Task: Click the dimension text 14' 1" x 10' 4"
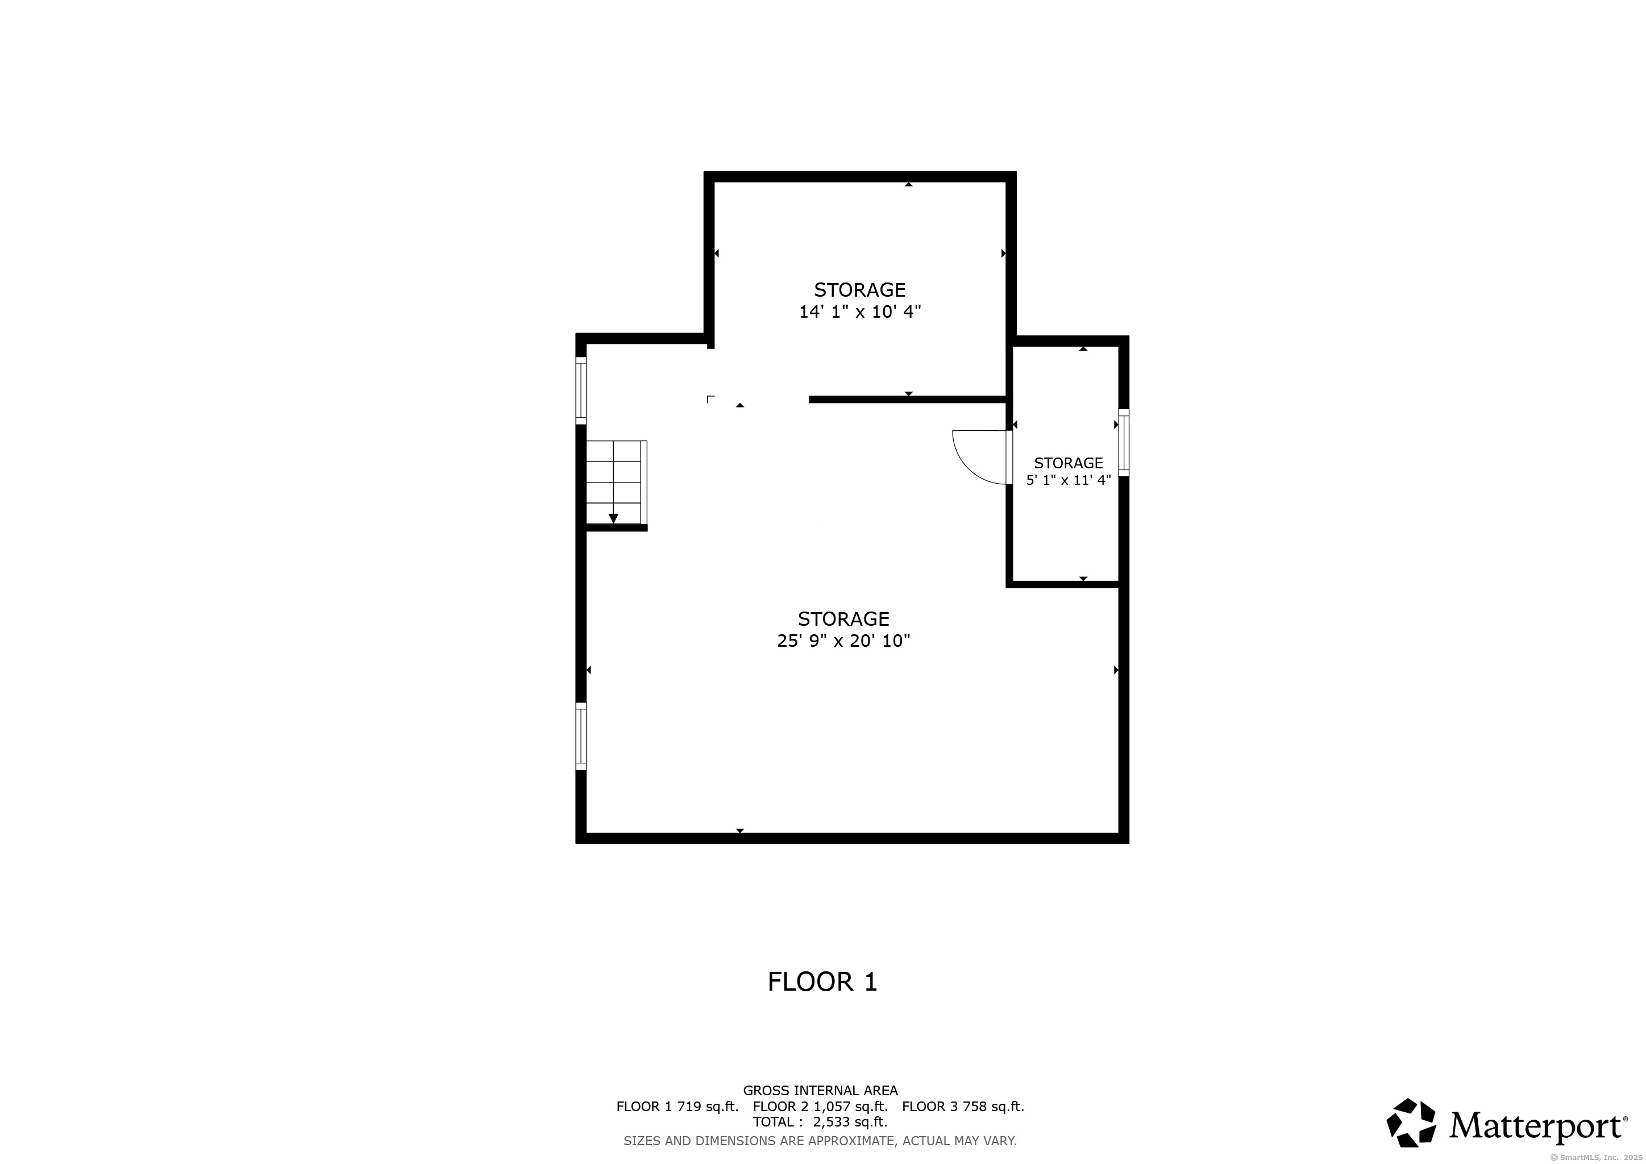pos(859,312)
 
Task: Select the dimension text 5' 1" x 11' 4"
pos(1068,480)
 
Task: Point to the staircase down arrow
pos(613,518)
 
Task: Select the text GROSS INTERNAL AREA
pos(820,1091)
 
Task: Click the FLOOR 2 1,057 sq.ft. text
pos(820,1107)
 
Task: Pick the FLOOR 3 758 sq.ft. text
pos(963,1107)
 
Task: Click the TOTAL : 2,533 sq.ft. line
pos(820,1123)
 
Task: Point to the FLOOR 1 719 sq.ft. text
pos(677,1107)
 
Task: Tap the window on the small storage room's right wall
pos(1123,442)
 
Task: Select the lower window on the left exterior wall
pos(581,736)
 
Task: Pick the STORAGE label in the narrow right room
pos(1068,463)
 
